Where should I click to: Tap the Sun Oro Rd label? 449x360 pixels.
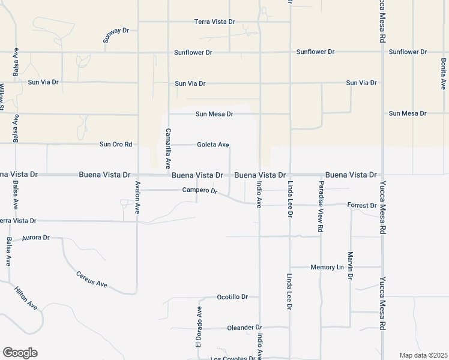(115, 145)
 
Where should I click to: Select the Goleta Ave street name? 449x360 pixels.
(213, 145)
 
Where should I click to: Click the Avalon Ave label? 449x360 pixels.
(137, 197)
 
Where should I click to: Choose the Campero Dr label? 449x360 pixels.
(200, 191)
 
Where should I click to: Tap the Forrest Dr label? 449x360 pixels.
(362, 205)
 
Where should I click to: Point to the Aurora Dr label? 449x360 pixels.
(35, 238)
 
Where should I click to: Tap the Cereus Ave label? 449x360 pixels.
(91, 279)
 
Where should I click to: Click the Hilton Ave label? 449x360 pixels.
(26, 298)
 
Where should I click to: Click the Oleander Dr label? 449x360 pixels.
(244, 328)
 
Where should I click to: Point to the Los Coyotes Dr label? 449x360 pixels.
(233, 358)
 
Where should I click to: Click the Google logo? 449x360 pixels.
(20, 353)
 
